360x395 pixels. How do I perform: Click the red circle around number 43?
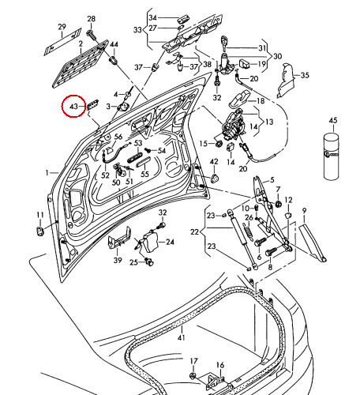click(74, 104)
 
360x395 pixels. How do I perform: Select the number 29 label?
click(62, 28)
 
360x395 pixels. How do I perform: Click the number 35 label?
click(306, 76)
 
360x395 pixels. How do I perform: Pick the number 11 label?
click(39, 215)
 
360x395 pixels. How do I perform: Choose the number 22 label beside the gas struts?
click(193, 231)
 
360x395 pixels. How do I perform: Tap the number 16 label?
click(221, 365)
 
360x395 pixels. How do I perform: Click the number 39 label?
click(118, 260)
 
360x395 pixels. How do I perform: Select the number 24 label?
click(168, 242)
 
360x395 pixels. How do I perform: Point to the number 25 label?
click(134, 262)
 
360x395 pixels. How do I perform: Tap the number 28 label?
click(91, 18)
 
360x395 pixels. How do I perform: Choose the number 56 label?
click(118, 137)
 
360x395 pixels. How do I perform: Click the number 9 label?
click(304, 210)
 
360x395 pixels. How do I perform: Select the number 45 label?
click(332, 120)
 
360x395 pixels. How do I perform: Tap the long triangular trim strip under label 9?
click(312, 241)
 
